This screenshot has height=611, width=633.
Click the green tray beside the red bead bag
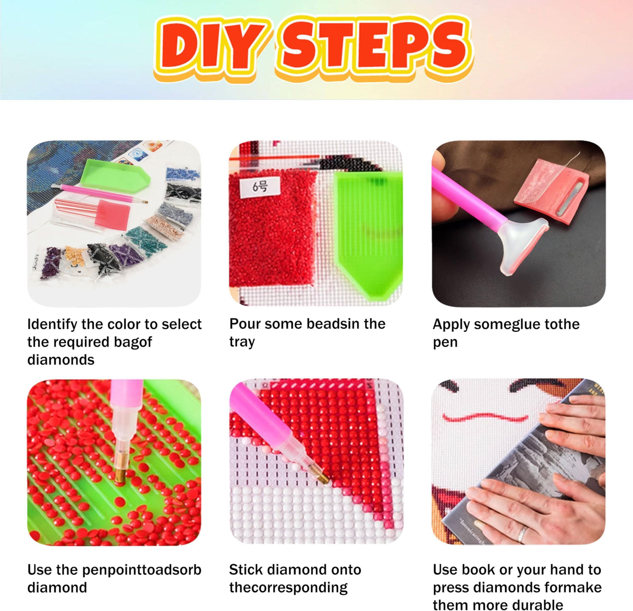(368, 234)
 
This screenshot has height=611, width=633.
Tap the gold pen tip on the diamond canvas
(322, 478)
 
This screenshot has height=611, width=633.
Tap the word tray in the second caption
(242, 342)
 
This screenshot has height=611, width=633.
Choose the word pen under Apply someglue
(445, 343)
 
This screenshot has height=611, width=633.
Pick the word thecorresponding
(288, 588)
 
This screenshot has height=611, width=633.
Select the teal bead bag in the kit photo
(145, 239)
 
